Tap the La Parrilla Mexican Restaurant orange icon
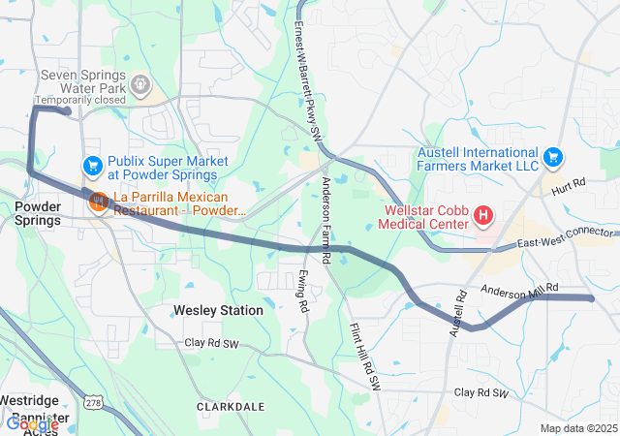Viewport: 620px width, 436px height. (x=98, y=202)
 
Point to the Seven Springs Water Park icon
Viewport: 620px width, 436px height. (x=141, y=85)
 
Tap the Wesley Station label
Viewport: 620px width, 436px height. (x=218, y=310)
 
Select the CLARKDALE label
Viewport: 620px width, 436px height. (x=232, y=406)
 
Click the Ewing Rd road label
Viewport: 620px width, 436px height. (x=303, y=291)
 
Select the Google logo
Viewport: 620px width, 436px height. (x=32, y=423)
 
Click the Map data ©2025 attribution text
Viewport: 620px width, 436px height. (x=577, y=428)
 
